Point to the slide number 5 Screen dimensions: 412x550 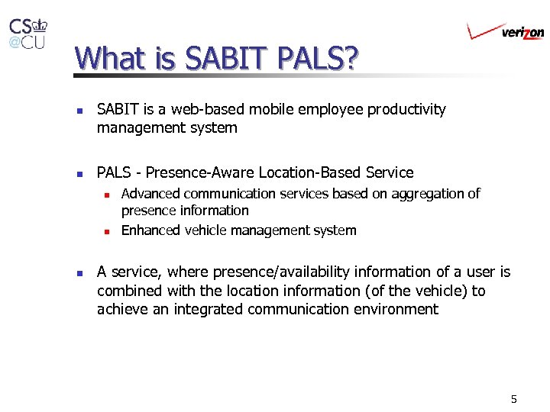click(514, 399)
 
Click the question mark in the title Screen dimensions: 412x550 click(349, 59)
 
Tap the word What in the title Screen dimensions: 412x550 click(107, 59)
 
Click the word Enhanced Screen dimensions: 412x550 click(151, 230)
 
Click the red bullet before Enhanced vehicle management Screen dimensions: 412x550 click(108, 230)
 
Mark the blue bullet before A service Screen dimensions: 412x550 click(79, 272)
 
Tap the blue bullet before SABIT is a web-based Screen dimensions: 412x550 click(79, 110)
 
